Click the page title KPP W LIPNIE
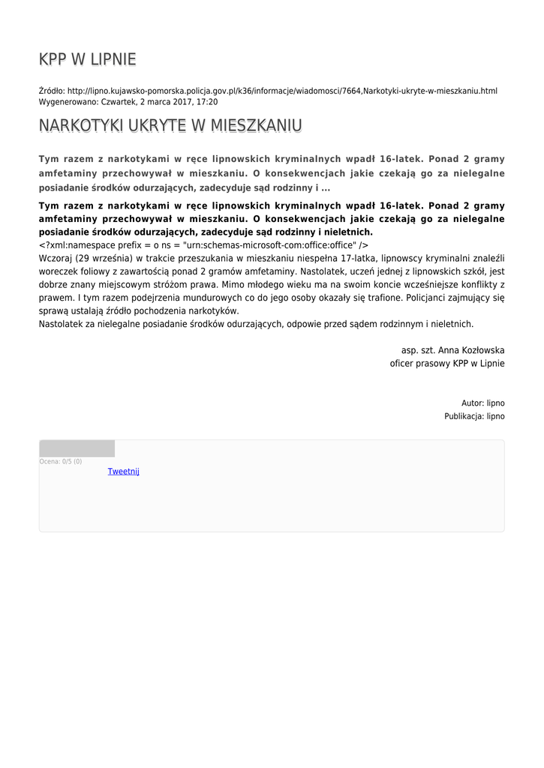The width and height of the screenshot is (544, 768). [88, 60]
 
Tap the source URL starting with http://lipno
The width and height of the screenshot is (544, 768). [282, 91]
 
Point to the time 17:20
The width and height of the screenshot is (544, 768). [207, 101]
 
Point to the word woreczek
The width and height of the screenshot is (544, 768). [58, 271]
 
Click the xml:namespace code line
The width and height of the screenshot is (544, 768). [203, 244]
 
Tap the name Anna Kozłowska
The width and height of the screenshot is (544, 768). [476, 350]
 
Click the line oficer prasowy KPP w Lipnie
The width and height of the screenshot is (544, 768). [447, 363]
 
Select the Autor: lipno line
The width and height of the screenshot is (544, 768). [482, 403]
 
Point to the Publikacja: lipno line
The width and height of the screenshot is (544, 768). [474, 416]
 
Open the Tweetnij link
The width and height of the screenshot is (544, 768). [124, 472]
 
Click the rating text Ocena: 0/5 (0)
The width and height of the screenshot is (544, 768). [61, 461]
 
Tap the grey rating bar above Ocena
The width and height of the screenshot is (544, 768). [77, 448]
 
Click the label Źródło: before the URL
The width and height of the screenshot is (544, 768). [52, 91]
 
